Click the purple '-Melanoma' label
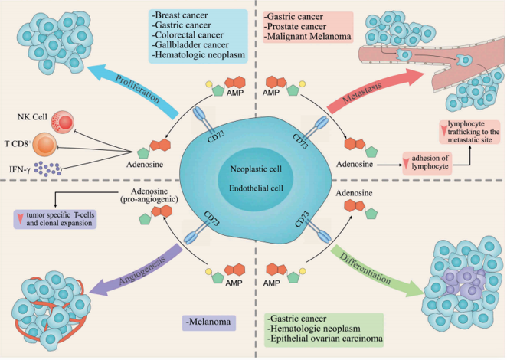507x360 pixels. pyautogui.click(x=209, y=320)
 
